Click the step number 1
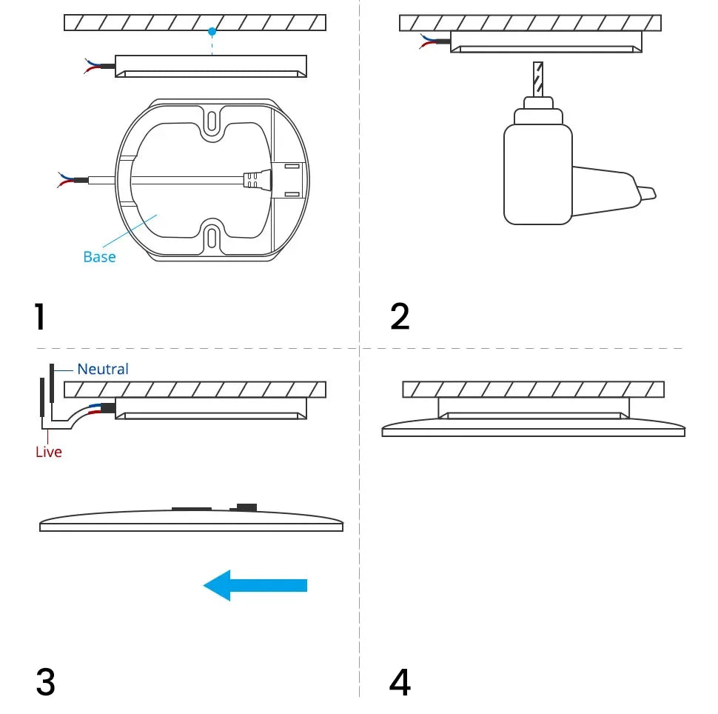coord(39,316)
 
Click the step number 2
coord(400,316)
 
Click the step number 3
coord(45,681)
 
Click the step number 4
coord(400,681)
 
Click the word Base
coord(99,257)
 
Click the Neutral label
coord(103,369)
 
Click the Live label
coord(49,452)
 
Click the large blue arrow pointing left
coord(255,585)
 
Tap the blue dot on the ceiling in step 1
coord(212,32)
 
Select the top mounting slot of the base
coord(212,119)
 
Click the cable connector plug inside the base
coord(255,179)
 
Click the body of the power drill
coord(538,174)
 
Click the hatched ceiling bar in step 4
coord(533,390)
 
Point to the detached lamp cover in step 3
coord(191,521)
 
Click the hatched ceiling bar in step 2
coord(530,23)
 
